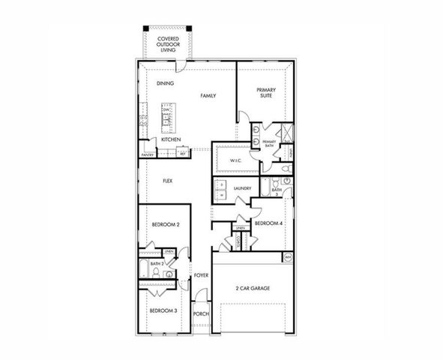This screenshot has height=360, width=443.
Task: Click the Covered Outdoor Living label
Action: [x=167, y=44]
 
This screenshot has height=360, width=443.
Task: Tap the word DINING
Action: [x=166, y=83]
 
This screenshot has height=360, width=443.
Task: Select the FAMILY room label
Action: [x=208, y=97]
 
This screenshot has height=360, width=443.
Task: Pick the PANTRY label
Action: [x=148, y=155]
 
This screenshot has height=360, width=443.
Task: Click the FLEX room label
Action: [x=169, y=181]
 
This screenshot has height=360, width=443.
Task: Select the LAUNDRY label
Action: [x=241, y=188]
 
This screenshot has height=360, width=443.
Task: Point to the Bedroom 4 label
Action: [x=268, y=223]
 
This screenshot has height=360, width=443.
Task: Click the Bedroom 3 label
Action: [x=163, y=310]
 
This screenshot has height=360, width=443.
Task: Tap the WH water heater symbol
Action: [x=287, y=258]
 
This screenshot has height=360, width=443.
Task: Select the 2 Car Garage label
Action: [x=252, y=289]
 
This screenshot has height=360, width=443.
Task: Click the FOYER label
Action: [x=201, y=276]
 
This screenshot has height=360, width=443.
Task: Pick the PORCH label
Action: [x=200, y=314]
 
